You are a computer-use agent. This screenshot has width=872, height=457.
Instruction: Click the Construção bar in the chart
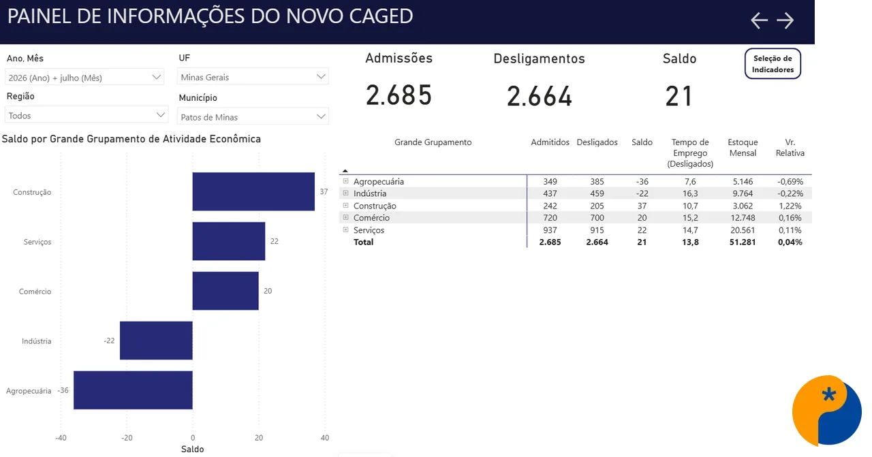(x=253, y=191)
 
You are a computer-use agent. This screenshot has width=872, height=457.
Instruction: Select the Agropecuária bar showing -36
(x=133, y=390)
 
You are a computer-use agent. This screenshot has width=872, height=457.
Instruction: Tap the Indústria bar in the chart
(x=156, y=341)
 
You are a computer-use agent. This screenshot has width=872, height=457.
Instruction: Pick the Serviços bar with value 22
(x=229, y=241)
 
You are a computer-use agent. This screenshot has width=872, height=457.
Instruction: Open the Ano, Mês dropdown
(x=84, y=78)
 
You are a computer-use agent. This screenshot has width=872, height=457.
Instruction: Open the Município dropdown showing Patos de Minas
(x=253, y=116)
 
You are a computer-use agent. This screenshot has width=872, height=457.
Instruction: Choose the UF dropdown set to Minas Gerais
(x=253, y=77)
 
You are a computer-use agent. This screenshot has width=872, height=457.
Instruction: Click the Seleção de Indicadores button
(x=773, y=64)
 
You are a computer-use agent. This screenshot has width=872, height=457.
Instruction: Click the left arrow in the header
(x=759, y=20)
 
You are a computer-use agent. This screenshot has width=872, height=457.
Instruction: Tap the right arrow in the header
(x=785, y=20)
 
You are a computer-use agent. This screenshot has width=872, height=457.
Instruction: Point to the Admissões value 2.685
(x=399, y=95)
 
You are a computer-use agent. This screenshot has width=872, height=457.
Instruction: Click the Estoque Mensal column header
(x=743, y=148)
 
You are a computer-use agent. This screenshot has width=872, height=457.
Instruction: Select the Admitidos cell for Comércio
(x=550, y=217)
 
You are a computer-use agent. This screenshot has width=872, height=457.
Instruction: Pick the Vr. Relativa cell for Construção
(x=790, y=206)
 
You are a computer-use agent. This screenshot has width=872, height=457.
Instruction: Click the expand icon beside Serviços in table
(x=345, y=230)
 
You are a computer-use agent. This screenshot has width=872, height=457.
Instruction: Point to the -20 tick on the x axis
(x=127, y=437)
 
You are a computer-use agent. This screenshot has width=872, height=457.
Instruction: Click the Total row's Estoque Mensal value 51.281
(x=743, y=242)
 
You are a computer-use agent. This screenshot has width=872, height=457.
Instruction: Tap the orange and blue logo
(x=827, y=410)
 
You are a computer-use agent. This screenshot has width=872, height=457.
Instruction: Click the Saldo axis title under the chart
(x=192, y=450)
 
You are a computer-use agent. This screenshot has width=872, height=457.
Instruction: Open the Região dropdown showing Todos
(x=87, y=115)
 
